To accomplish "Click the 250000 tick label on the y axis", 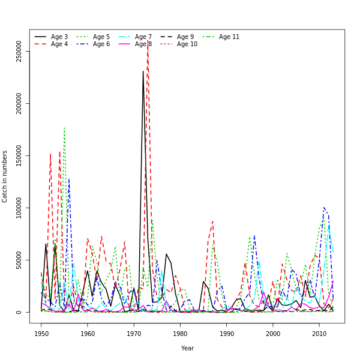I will coord(19,52).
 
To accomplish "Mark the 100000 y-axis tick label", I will coord(19,208).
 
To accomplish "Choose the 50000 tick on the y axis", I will coord(19,260).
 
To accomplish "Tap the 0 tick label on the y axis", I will coord(19,312).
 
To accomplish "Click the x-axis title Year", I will coord(187,348).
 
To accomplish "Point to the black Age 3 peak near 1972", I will coord(143,71).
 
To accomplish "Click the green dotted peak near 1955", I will coord(64,127).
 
